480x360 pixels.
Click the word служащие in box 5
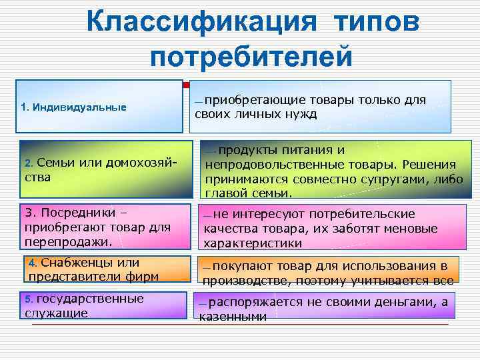click(56, 312)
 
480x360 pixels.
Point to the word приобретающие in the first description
click(246, 100)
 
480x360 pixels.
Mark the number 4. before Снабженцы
click(35, 261)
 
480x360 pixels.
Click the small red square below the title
click(185, 85)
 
